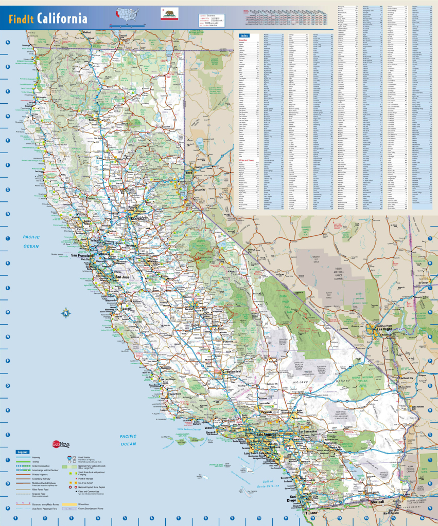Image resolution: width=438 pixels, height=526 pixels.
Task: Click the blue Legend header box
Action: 23,452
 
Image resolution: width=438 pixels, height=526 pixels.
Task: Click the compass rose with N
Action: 66,312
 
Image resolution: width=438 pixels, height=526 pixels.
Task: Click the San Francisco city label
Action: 82,255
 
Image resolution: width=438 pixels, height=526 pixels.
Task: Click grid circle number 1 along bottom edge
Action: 15,518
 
